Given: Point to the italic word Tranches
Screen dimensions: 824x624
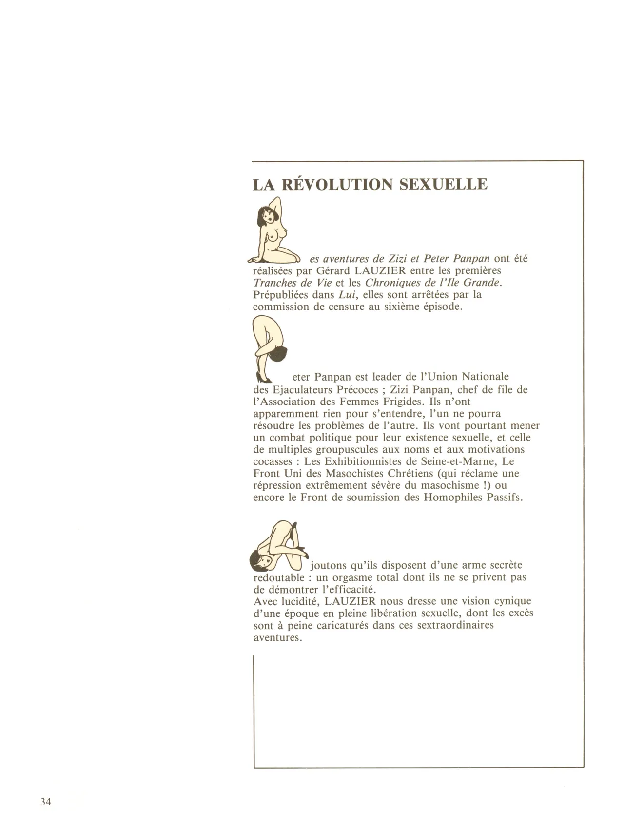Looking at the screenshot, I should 274,283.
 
